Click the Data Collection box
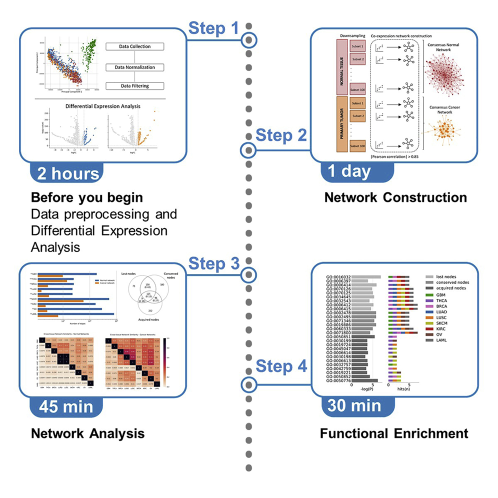(x=127, y=47)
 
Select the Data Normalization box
(x=127, y=67)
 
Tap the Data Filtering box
(x=127, y=86)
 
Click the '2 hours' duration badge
(x=67, y=173)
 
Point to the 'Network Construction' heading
(x=395, y=197)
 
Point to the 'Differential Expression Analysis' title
(x=98, y=106)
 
